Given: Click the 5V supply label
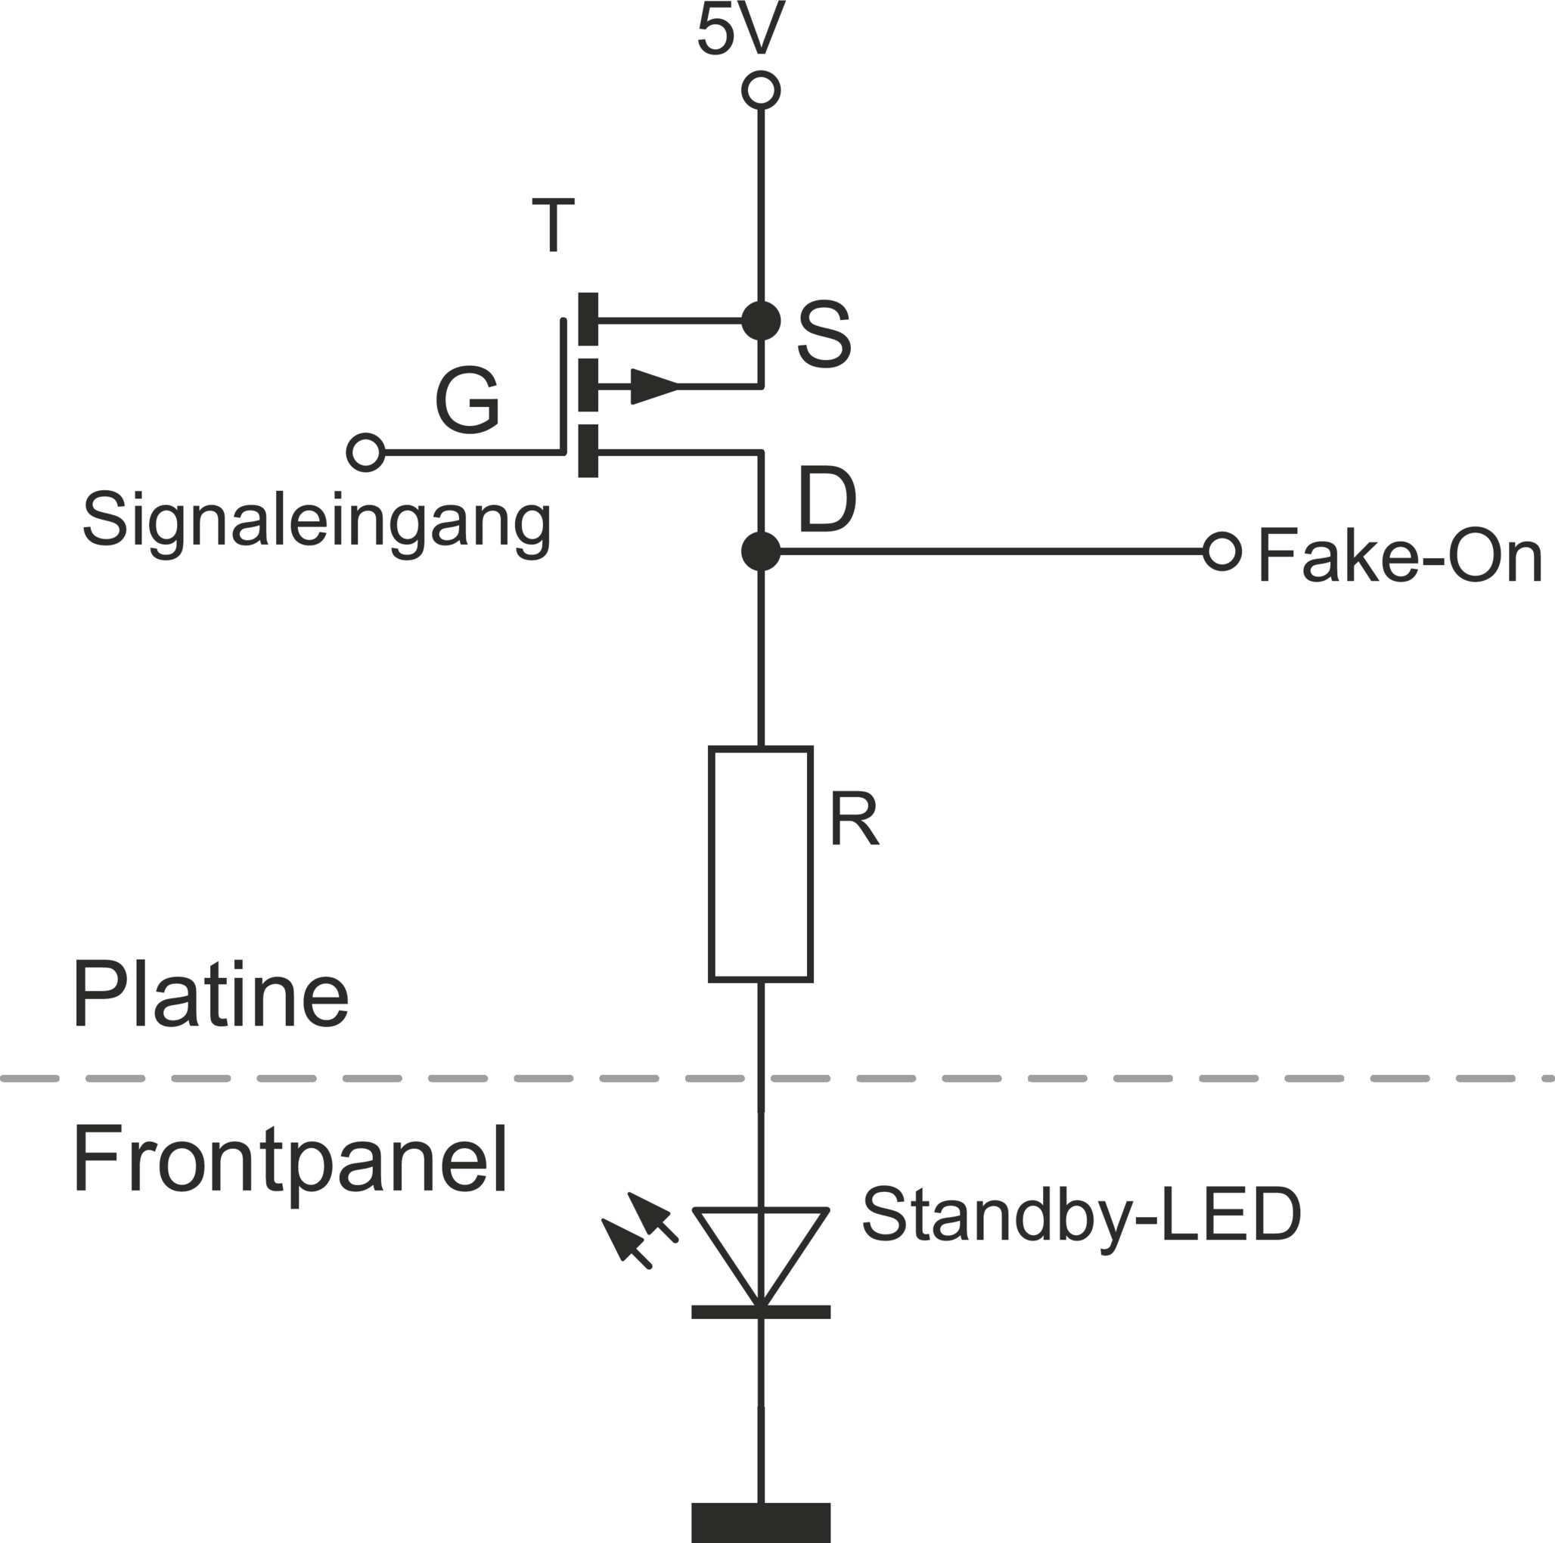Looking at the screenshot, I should tap(740, 30).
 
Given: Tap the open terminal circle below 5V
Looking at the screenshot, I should tap(761, 89).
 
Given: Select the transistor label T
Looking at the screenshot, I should tap(553, 225).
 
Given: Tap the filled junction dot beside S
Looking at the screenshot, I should tap(761, 321).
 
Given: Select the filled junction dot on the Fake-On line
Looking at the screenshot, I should tap(761, 551).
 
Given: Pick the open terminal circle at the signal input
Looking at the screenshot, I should tap(365, 452).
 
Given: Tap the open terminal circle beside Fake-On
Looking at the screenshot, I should tap(1221, 551).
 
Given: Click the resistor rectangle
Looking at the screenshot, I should tap(761, 865).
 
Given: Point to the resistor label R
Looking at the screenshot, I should tap(853, 819).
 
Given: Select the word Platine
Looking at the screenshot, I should tap(211, 996).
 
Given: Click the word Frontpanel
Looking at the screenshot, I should tap(290, 1163).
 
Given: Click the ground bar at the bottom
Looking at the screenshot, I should tap(761, 1521).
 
